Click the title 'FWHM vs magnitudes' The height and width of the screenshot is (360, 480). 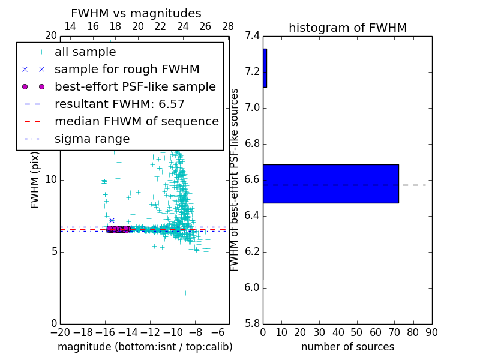coord(136,14)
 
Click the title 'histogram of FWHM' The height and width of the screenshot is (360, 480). coord(347,28)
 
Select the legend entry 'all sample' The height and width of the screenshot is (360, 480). coord(85,52)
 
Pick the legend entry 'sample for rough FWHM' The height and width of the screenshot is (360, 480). coord(127,70)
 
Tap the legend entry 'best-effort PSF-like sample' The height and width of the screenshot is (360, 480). coord(135,87)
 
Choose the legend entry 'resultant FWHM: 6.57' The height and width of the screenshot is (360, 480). coord(119,104)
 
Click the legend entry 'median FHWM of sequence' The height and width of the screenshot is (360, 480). coord(137,122)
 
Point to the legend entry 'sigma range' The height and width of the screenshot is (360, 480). coord(92,139)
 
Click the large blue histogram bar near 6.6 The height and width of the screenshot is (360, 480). coord(331,184)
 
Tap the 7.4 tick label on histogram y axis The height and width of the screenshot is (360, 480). coord(253,36)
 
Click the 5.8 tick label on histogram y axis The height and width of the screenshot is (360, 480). coord(253,323)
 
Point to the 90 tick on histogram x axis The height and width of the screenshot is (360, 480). coord(431,332)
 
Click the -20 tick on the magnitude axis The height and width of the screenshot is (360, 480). coord(60,332)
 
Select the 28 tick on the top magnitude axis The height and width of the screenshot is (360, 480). coord(228,26)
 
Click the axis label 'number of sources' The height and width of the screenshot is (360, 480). coord(347,347)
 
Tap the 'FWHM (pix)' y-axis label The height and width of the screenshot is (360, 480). coord(35,179)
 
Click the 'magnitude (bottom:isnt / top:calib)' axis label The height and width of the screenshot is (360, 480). coord(145,347)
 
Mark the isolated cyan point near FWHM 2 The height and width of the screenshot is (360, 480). coord(185,293)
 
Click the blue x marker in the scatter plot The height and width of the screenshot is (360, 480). coord(112,221)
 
